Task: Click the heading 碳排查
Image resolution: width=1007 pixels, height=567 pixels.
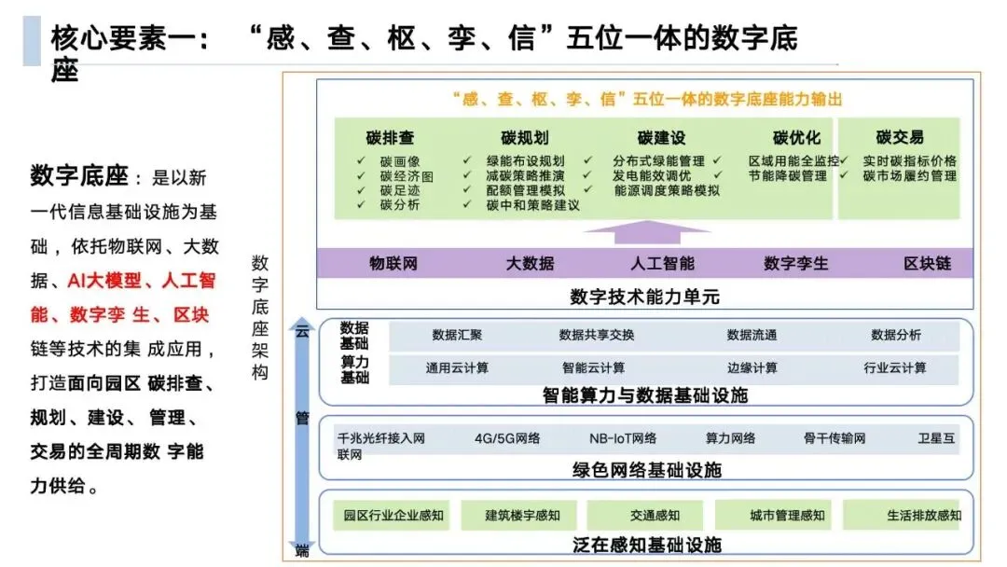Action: click(390, 139)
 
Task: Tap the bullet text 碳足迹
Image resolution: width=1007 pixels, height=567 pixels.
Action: click(399, 190)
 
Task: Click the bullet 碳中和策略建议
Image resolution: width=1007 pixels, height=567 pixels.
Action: click(532, 205)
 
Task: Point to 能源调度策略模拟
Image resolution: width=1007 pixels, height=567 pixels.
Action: click(666, 190)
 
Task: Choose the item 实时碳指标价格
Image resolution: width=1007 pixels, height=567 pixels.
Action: click(909, 160)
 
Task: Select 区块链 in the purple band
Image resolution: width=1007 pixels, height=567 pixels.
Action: click(927, 263)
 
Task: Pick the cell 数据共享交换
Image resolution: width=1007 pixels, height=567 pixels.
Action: click(597, 335)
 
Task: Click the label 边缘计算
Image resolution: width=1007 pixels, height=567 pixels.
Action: click(752, 367)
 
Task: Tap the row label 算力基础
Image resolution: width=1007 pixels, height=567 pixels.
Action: click(354, 369)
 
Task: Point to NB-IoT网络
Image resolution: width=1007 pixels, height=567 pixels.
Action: click(623, 438)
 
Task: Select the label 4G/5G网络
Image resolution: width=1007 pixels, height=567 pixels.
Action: click(507, 438)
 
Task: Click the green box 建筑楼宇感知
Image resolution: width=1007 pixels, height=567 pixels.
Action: click(522, 515)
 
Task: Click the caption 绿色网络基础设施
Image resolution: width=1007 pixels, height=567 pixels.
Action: click(645, 470)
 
